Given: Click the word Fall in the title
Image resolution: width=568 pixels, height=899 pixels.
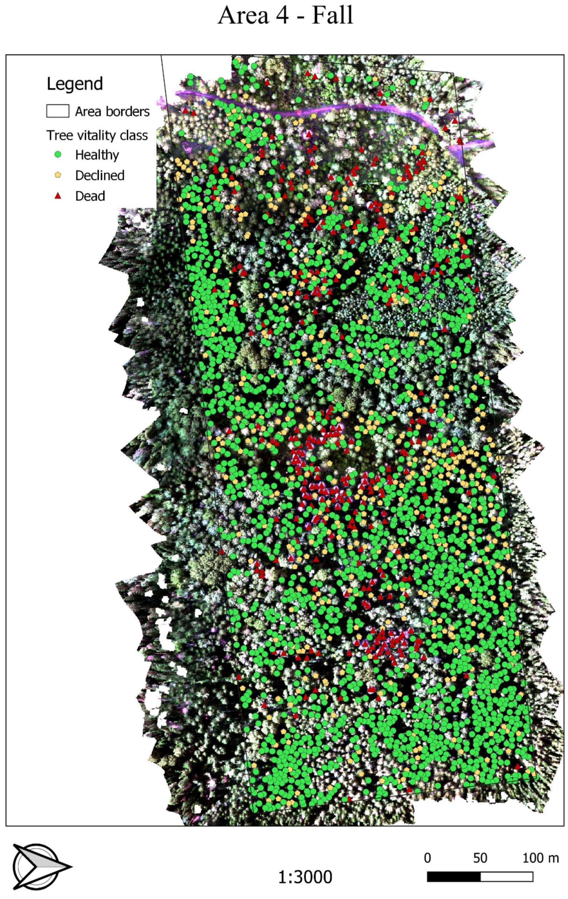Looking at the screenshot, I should [x=332, y=16].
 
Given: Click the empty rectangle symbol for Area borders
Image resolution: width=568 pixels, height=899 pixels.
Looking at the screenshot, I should [x=57, y=111].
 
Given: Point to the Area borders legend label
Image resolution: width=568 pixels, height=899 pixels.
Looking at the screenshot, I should [x=112, y=111].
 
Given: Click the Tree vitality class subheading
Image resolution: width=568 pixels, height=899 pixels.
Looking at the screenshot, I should [x=97, y=135].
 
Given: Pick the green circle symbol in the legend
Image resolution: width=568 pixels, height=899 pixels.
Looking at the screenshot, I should [x=58, y=154].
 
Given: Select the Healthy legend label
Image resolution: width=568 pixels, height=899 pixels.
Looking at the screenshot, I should [x=97, y=155].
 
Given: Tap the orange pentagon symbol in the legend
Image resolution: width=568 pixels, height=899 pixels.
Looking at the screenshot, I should [x=58, y=175].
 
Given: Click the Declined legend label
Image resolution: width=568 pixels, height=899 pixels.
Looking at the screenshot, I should [x=100, y=176].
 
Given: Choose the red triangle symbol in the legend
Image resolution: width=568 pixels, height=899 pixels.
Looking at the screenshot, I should [x=58, y=196].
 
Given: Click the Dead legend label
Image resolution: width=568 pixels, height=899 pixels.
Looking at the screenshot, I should [x=90, y=196].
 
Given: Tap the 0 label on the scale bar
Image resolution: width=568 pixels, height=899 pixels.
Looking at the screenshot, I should [x=427, y=858].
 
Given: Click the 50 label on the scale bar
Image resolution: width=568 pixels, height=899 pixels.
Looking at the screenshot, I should [x=480, y=858].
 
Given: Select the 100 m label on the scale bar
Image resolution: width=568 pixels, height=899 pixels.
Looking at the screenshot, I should [x=540, y=858].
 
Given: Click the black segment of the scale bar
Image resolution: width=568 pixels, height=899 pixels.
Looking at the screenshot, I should [x=453, y=877].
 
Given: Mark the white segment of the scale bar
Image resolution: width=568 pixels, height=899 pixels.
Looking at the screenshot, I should [x=507, y=877].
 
